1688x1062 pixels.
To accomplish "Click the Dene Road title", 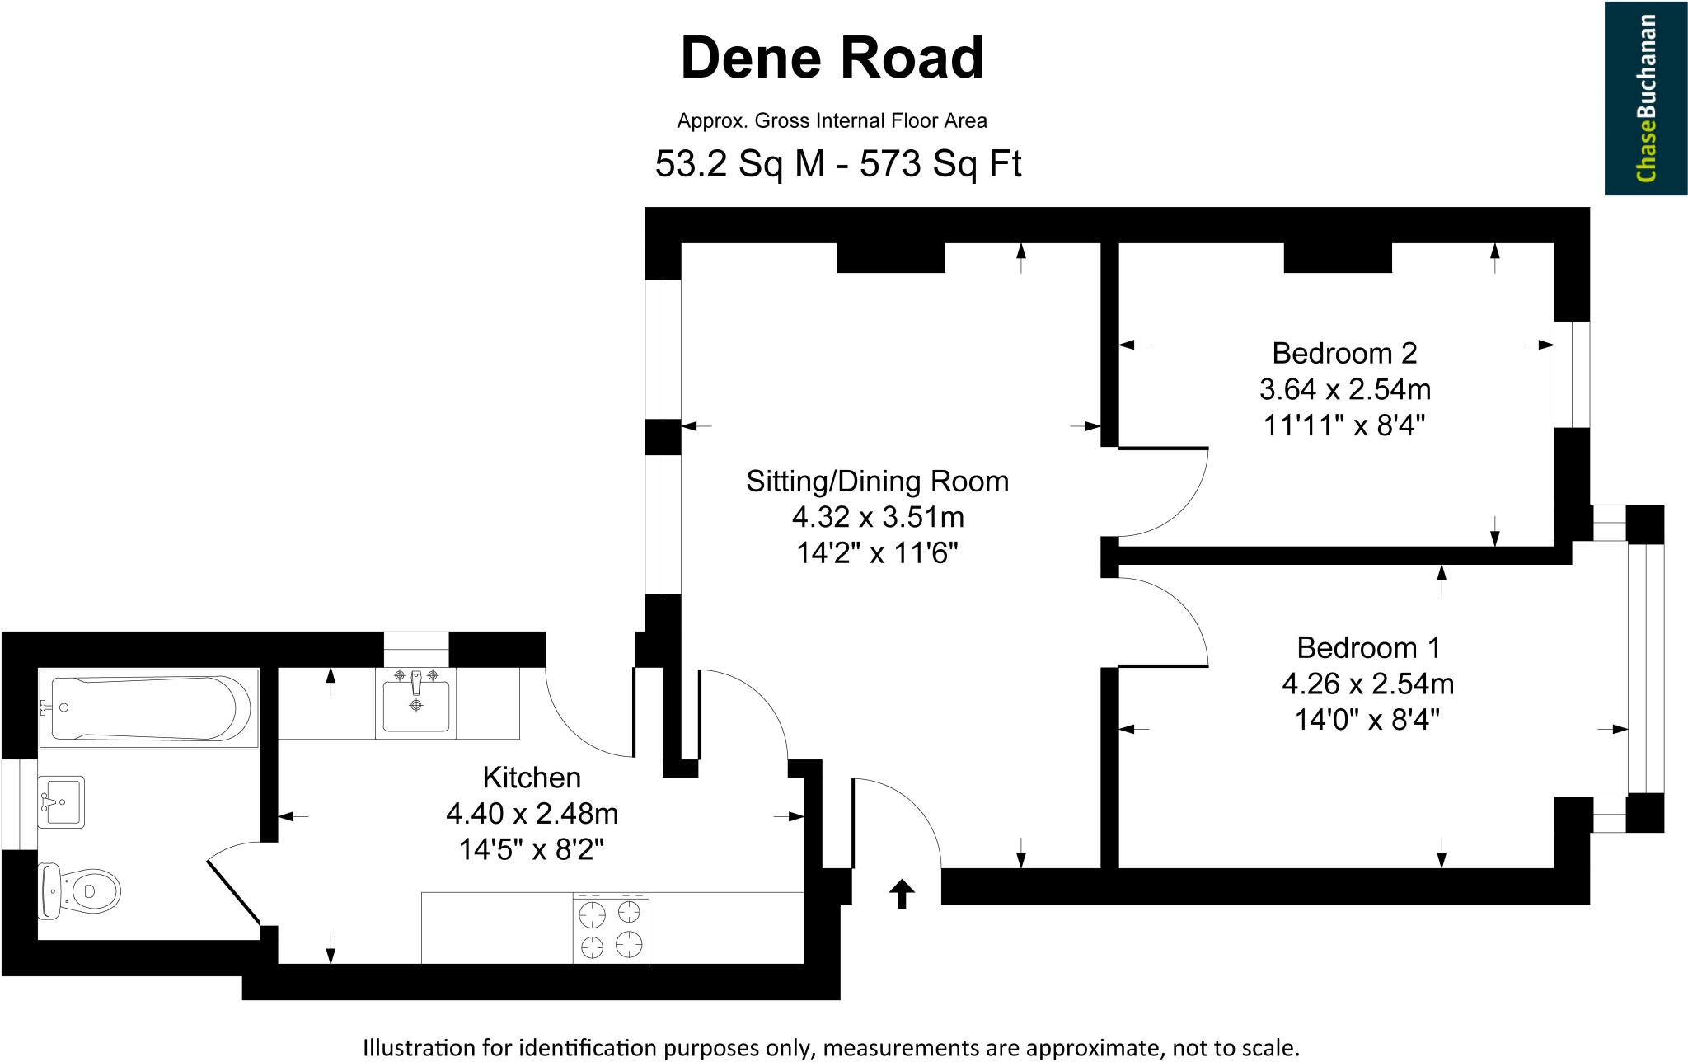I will [x=832, y=58].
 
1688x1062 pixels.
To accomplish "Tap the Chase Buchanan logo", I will [x=1645, y=98].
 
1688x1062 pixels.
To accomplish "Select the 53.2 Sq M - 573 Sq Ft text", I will [x=837, y=164].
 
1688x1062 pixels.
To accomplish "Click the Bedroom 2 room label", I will [x=1344, y=353].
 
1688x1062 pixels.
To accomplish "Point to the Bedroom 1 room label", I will [x=1368, y=647].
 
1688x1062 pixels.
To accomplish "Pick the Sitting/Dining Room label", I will [x=877, y=481].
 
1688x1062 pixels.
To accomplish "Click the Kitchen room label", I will [x=532, y=777].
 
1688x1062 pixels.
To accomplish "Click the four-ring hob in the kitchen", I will [x=611, y=928].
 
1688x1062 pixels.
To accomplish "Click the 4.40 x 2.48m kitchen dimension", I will [x=532, y=815].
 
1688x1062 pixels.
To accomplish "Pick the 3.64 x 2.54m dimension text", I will [x=1344, y=388].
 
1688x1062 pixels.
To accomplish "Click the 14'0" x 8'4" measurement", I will [x=1368, y=720].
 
